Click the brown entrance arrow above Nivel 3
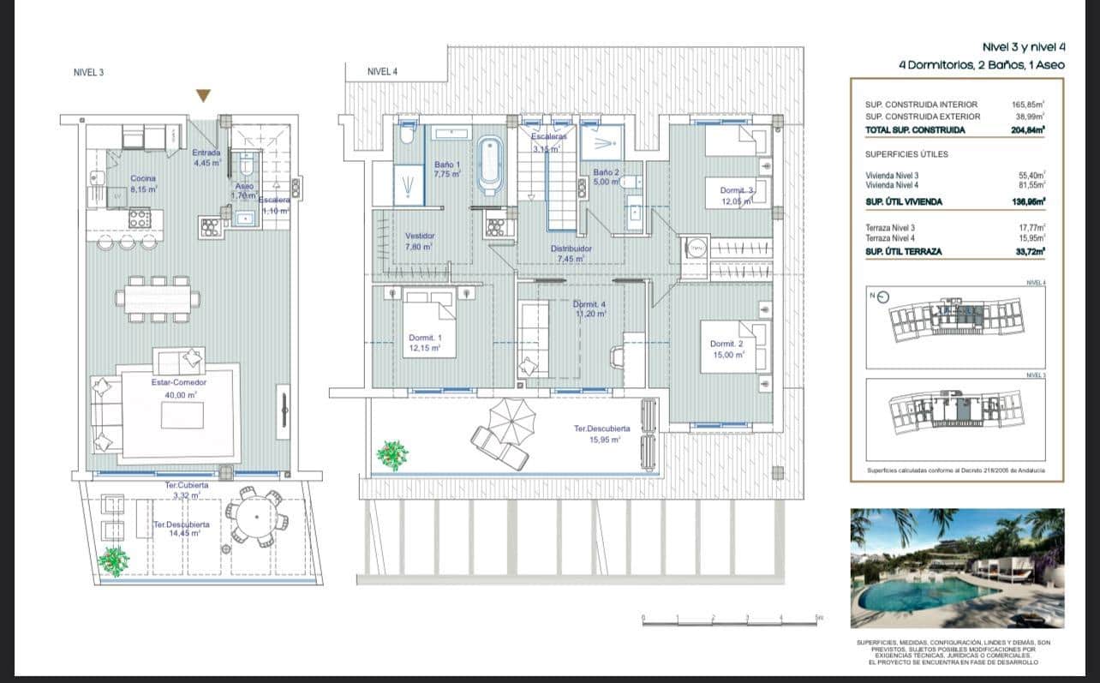click(x=203, y=95)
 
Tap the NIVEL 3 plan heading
click(x=89, y=73)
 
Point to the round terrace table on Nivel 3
click(x=256, y=516)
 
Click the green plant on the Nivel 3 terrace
click(x=113, y=560)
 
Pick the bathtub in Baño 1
click(x=490, y=165)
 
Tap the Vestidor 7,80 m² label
click(x=419, y=241)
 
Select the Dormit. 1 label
click(x=425, y=343)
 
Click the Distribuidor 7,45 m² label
click(x=571, y=254)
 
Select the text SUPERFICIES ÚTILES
click(x=906, y=154)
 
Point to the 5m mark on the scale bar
click(x=818, y=618)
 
